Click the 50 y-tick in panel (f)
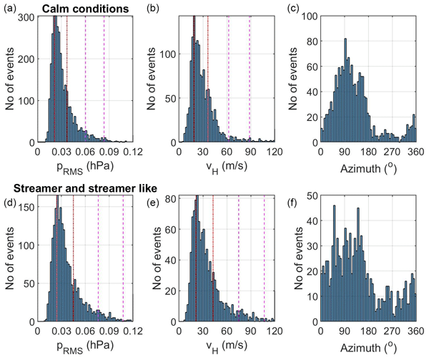click(312, 195)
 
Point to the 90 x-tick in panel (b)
click(250, 152)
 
